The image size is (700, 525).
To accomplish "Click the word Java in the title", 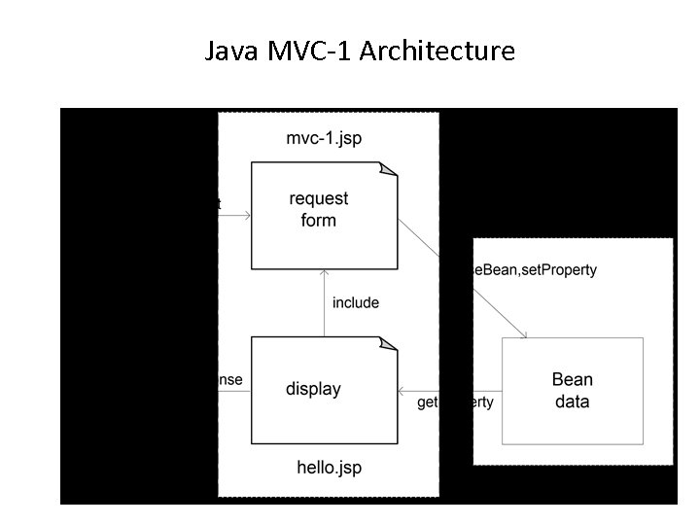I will [x=231, y=51].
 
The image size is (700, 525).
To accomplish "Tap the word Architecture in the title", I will [x=437, y=51].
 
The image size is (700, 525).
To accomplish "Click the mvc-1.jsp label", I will [x=324, y=138].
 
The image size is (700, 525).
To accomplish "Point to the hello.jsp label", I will [x=329, y=468].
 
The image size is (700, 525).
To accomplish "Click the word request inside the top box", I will [x=319, y=199].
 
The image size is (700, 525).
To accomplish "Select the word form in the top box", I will [x=319, y=220].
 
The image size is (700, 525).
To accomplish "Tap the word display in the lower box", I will [x=313, y=389].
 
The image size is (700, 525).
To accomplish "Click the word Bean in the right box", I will [x=572, y=379].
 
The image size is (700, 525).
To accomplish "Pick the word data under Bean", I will [x=572, y=401].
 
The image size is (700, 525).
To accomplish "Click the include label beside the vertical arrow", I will [x=356, y=302].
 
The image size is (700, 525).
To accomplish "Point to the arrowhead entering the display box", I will [x=402, y=391].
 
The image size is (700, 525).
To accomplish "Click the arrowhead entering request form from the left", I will [x=247, y=215].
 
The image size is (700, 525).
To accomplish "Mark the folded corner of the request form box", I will [x=389, y=169].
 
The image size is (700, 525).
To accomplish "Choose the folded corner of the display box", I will [x=389, y=343].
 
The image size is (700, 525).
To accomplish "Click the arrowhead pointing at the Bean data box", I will [x=524, y=335].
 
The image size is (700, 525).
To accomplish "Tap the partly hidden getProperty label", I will [x=455, y=402].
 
